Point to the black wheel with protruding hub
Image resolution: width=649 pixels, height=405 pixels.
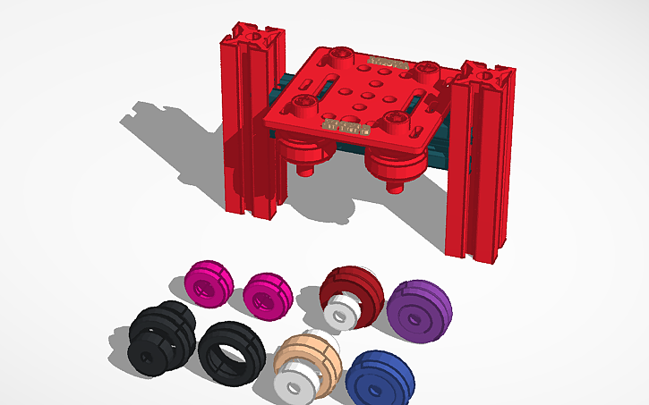(159, 334)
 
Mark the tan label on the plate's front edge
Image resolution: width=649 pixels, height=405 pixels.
(346, 129)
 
